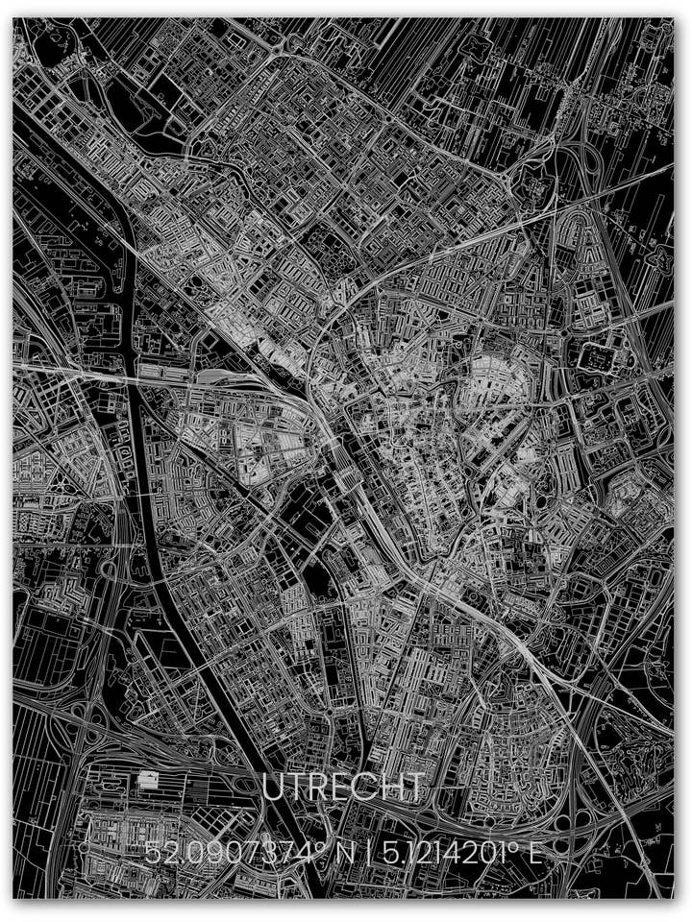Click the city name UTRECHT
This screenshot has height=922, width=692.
[x=343, y=787]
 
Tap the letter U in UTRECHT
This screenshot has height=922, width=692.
[x=275, y=787]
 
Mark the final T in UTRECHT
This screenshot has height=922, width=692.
[x=412, y=787]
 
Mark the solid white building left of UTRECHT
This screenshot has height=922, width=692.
[x=147, y=780]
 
